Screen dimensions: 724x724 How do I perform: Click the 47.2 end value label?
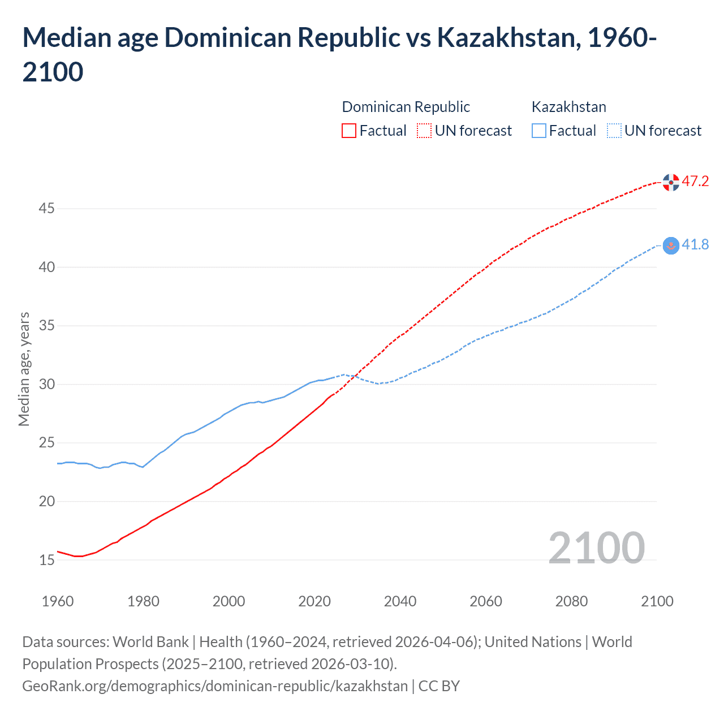(x=695, y=182)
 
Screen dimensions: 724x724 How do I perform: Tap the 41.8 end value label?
(x=695, y=245)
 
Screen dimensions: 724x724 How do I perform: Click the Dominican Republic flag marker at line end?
(x=671, y=182)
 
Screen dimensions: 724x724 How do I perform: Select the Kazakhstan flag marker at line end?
(x=671, y=245)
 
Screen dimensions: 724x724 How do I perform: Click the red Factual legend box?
(x=349, y=131)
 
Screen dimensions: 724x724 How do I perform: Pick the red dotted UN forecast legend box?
(x=424, y=131)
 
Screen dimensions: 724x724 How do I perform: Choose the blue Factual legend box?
(x=539, y=131)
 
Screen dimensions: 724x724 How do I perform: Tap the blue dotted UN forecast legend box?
(x=614, y=131)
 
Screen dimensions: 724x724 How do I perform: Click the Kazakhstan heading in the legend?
(x=568, y=107)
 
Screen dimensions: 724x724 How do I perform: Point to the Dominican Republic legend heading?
(x=406, y=107)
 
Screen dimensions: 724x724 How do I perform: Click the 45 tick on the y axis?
(x=46, y=209)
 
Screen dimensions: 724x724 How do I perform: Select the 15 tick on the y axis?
(x=46, y=560)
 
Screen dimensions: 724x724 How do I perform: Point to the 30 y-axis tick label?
(x=46, y=385)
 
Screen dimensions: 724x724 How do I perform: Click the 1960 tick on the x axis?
(x=58, y=601)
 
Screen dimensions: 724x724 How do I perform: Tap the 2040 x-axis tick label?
(x=400, y=601)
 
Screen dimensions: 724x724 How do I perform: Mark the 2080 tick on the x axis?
(x=571, y=601)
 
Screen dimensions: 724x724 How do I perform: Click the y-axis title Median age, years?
(x=24, y=369)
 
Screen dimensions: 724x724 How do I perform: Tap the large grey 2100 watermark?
(x=596, y=548)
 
